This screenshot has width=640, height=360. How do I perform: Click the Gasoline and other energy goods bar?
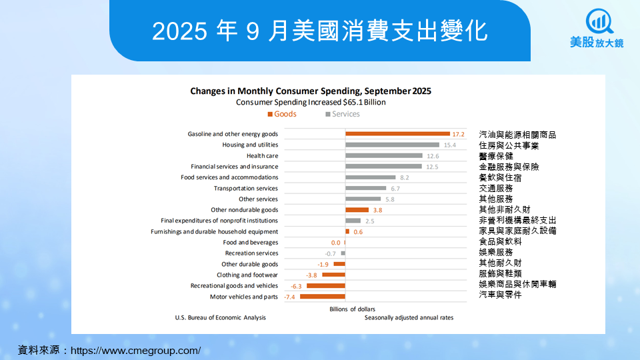click(x=397, y=134)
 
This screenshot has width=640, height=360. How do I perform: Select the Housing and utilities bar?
click(x=392, y=145)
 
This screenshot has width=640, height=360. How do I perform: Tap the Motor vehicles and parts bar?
click(x=323, y=297)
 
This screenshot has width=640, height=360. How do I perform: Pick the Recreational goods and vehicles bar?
click(x=326, y=286)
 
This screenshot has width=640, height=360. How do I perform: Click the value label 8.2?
click(x=404, y=177)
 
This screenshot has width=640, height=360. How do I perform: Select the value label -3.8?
click(x=311, y=275)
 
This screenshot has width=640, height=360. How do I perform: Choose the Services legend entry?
click(x=342, y=114)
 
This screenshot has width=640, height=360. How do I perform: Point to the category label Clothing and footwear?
click(x=247, y=275)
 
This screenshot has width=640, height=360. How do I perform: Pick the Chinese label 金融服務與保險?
click(x=509, y=167)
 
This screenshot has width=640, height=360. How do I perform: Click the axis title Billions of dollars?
click(x=353, y=309)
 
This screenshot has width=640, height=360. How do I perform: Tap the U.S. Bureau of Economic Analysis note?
click(x=220, y=318)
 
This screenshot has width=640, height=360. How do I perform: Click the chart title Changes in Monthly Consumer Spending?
click(x=311, y=91)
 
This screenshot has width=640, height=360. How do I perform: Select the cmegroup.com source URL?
click(x=135, y=350)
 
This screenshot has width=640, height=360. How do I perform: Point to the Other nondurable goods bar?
click(x=357, y=210)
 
